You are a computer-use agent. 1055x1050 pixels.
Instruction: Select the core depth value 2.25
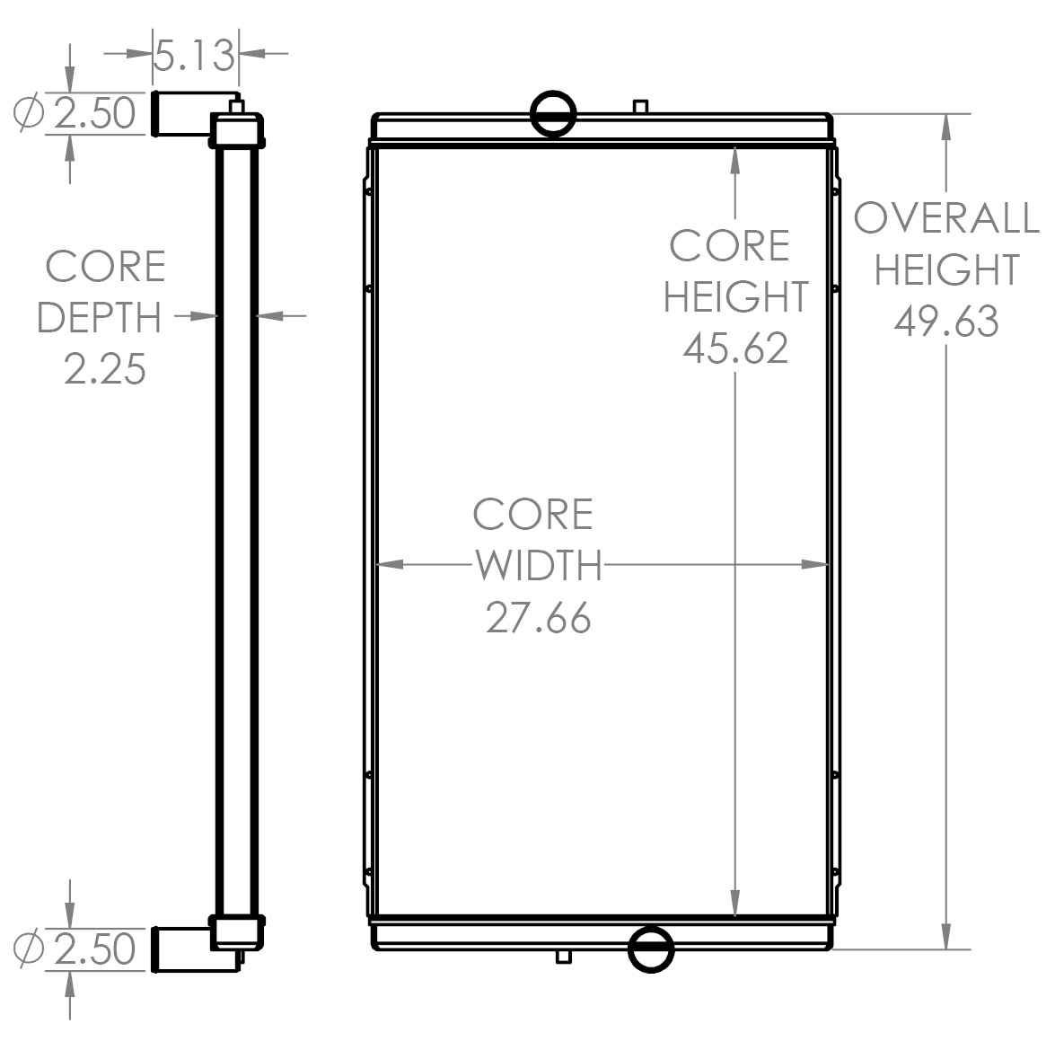[105, 368]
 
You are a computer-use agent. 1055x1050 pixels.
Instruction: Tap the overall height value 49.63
[946, 321]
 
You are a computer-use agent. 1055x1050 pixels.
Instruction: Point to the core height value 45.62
[735, 348]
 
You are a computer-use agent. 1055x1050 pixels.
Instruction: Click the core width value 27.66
[539, 617]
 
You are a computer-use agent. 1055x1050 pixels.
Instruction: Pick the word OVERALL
[946, 218]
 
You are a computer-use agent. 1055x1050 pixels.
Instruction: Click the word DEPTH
[100, 318]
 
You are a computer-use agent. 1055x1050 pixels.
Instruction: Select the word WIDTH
[539, 566]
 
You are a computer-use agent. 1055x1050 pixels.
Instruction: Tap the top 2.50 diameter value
[95, 114]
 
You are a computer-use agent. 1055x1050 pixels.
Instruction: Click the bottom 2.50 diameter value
[95, 949]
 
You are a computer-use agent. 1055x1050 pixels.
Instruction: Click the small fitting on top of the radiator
[640, 106]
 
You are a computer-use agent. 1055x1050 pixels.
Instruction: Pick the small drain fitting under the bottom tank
[563, 956]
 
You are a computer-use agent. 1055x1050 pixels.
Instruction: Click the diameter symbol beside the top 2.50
[30, 113]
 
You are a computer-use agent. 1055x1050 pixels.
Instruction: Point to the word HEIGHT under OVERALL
[946, 269]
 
